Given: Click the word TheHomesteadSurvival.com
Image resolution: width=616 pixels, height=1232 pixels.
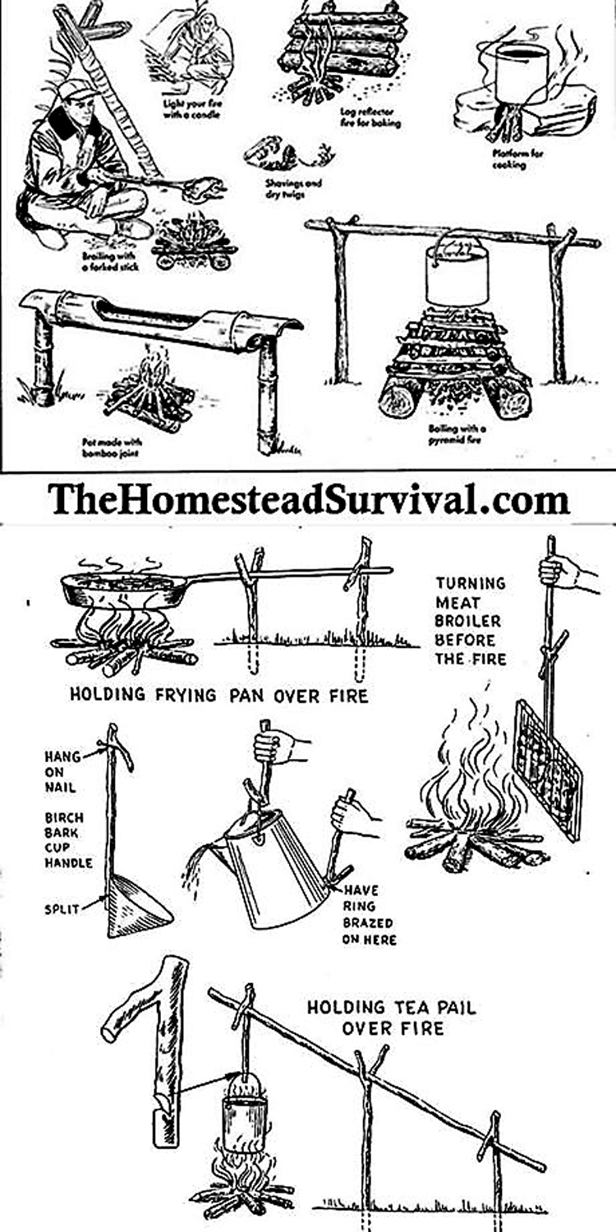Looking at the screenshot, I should (308, 499).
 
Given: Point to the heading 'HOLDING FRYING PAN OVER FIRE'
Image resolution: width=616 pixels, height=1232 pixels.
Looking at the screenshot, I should (218, 696).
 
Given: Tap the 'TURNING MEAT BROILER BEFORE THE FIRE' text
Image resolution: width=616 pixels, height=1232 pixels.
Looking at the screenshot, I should (471, 621).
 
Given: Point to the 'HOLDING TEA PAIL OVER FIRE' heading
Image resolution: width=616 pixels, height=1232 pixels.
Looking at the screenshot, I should (391, 1017).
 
